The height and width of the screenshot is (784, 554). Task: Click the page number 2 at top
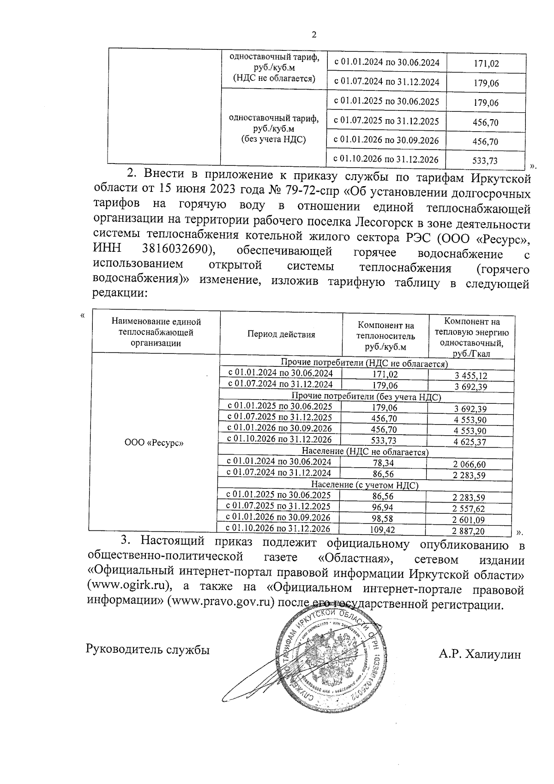314,35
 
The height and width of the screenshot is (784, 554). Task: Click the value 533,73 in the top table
486,161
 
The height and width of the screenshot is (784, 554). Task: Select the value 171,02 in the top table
486,63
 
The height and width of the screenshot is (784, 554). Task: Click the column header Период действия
281,334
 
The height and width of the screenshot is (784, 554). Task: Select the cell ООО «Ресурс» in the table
154,443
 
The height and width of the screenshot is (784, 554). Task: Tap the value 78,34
385,463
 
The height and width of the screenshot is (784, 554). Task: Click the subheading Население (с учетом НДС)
364,485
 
